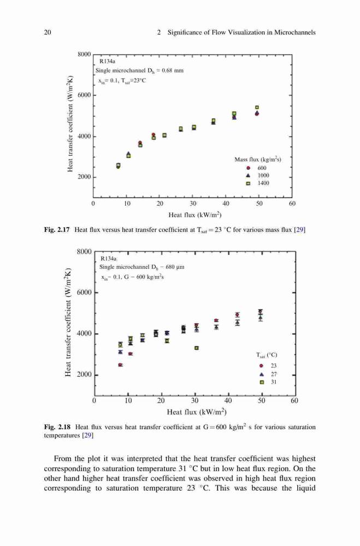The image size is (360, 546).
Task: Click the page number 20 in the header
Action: (x=48, y=32)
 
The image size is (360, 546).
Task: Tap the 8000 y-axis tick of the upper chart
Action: (x=84, y=54)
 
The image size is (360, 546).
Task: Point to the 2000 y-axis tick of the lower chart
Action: (x=84, y=375)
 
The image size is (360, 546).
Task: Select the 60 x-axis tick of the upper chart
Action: (x=292, y=204)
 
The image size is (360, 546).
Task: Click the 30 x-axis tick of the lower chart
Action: (x=195, y=401)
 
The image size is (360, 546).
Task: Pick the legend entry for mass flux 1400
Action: (x=258, y=183)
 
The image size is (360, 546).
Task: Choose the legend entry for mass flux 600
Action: (x=257, y=168)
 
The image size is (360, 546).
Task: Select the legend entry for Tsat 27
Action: (x=268, y=375)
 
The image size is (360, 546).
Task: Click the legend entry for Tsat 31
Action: (x=268, y=382)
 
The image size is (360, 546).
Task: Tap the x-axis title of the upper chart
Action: (x=195, y=215)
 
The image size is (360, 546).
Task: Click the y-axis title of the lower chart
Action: (x=68, y=322)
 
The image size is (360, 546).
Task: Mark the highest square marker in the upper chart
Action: (x=257, y=108)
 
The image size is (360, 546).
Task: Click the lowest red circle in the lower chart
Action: (x=120, y=365)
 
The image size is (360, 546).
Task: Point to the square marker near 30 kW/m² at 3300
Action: (x=197, y=348)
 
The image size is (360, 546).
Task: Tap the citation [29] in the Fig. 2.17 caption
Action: (x=300, y=230)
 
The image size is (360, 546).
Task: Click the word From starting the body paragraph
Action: (x=63, y=459)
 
